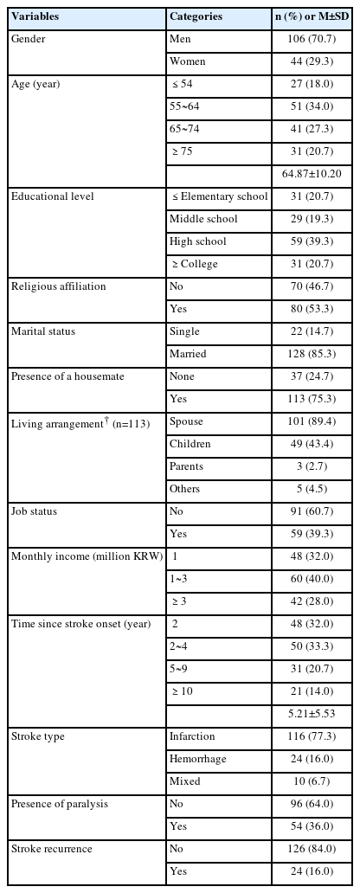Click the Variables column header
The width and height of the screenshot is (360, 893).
coord(35,16)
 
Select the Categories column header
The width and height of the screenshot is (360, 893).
coord(196,16)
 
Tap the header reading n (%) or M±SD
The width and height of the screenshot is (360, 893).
coord(312,16)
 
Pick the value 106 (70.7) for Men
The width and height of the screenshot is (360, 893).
coord(312,39)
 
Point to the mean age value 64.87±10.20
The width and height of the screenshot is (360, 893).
coord(312,174)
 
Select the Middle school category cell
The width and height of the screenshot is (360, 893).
coord(196,219)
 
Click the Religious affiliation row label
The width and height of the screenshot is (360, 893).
coord(59,286)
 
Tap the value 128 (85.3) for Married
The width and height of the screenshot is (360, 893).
coord(312,354)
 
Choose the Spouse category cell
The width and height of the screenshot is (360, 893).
coord(186,421)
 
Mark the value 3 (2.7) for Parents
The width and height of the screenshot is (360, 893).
coord(312,466)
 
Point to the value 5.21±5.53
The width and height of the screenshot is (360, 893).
coord(312,714)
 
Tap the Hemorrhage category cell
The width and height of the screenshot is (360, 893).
coord(197,759)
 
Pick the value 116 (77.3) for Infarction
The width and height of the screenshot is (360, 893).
coord(312,736)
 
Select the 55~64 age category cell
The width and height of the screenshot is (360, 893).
coord(184,106)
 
